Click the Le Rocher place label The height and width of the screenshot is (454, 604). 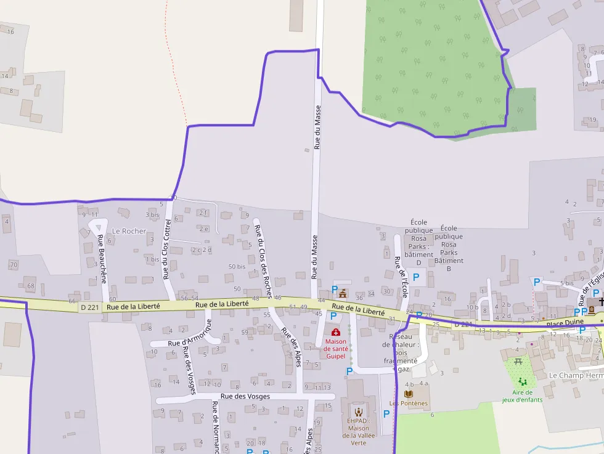pos(129,231)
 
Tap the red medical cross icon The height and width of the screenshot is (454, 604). pos(336,333)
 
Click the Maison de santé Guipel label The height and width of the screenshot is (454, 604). pos(336,349)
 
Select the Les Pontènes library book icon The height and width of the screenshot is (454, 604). pos(408,393)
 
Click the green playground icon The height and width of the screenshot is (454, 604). pos(522,382)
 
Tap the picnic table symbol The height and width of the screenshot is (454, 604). pos(518,361)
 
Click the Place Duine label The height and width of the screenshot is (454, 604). pos(565,322)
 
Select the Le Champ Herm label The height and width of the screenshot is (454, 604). pos(576,375)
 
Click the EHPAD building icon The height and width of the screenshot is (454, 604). pos(358,411)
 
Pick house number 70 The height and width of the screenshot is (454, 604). pos(13,265)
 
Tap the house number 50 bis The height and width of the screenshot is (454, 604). pos(237,267)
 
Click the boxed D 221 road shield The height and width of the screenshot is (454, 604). pos(89,307)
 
